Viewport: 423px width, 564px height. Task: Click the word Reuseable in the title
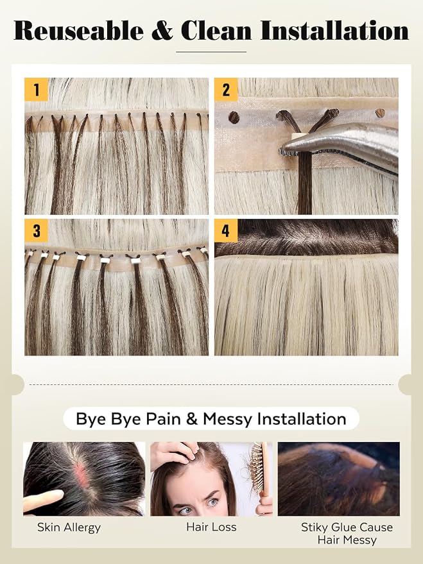tap(79, 30)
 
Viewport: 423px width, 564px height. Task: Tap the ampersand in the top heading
tap(162, 31)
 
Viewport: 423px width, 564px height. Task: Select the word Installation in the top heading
tap(334, 30)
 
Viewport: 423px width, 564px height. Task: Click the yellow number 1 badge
tap(37, 90)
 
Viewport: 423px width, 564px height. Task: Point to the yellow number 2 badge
tap(226, 90)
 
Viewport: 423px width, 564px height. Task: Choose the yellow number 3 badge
tap(37, 230)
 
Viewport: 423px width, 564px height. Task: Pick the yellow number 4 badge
tap(226, 230)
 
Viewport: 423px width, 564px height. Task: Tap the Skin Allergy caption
tap(69, 527)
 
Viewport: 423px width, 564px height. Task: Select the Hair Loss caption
tap(211, 527)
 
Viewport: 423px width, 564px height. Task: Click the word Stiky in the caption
tap(315, 527)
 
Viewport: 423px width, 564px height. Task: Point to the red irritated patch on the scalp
tap(82, 475)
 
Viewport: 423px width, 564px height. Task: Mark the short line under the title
tap(211, 52)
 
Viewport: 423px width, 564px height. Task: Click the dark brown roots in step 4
tap(306, 237)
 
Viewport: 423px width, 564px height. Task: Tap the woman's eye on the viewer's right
tap(214, 501)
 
